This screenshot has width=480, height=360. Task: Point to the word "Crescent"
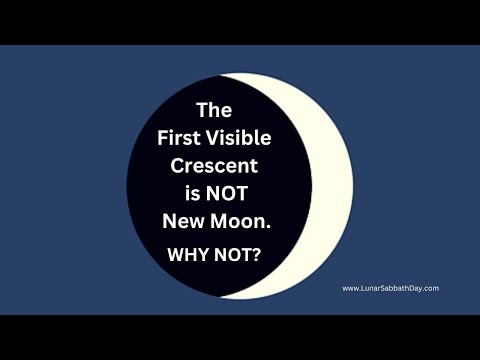(216, 165)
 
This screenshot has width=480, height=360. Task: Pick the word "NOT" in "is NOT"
(236, 193)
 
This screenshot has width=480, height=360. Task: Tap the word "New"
(185, 221)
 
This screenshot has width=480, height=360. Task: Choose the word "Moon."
(241, 221)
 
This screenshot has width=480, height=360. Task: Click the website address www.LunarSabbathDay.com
(391, 288)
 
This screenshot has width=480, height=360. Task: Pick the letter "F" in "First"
(163, 137)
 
